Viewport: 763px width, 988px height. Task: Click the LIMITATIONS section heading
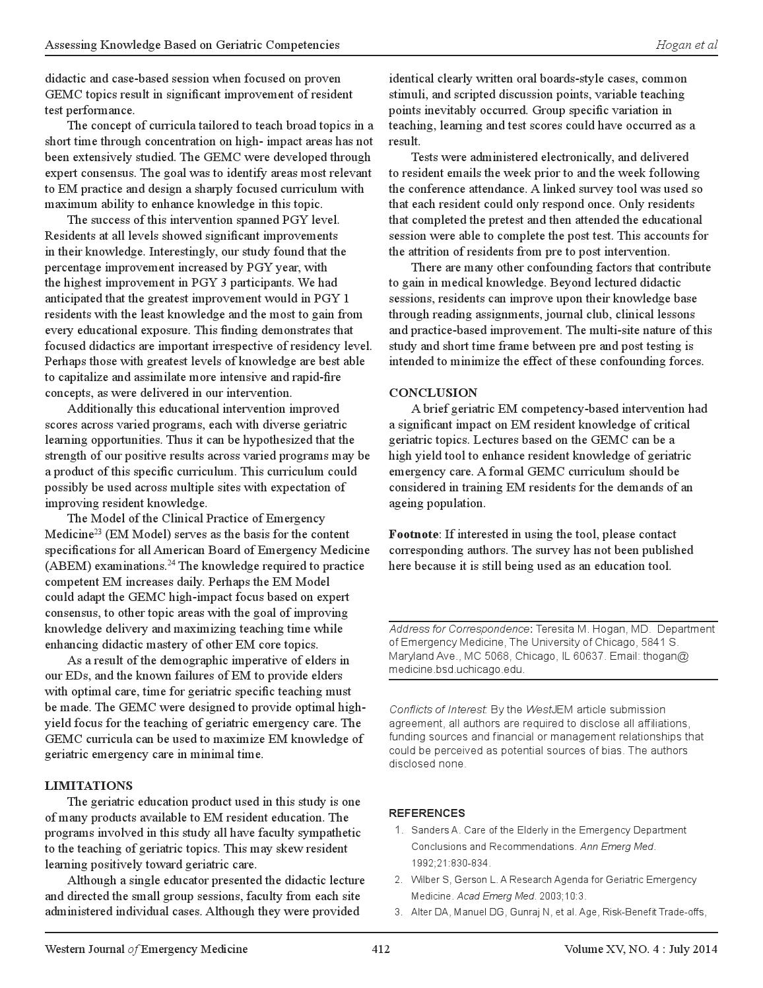pos(88,786)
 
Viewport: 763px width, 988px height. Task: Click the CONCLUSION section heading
pos(433,393)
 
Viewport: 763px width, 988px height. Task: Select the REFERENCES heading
pos(426,813)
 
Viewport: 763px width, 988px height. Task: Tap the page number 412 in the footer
pos(381,950)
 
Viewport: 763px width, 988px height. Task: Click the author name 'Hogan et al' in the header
pos(686,45)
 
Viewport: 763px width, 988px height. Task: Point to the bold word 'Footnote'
pos(413,534)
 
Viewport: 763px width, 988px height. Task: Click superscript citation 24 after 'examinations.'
pos(171,563)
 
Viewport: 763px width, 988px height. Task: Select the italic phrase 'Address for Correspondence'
pos(459,629)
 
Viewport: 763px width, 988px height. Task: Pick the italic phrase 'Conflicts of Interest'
pos(438,710)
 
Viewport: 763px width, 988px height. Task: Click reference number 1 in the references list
pos(399,830)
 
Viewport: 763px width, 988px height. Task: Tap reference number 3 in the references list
pos(399,913)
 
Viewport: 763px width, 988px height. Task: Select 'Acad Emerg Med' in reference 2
pos(496,896)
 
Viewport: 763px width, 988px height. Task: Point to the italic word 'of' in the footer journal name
pos(133,950)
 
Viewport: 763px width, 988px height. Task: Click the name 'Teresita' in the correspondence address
pos(555,629)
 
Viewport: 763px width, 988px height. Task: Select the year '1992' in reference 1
pos(422,863)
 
